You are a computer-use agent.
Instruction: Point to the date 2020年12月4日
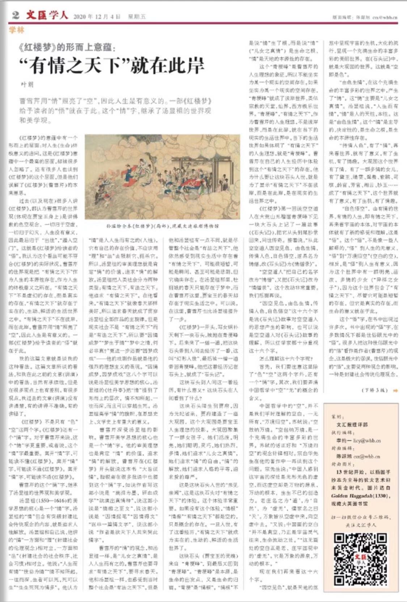click(x=97, y=17)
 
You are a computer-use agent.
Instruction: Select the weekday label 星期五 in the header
click(x=137, y=17)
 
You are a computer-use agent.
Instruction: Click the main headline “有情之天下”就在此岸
click(x=112, y=65)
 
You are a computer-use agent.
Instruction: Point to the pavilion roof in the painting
click(x=203, y=144)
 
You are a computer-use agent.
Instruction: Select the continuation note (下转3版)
click(x=374, y=390)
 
